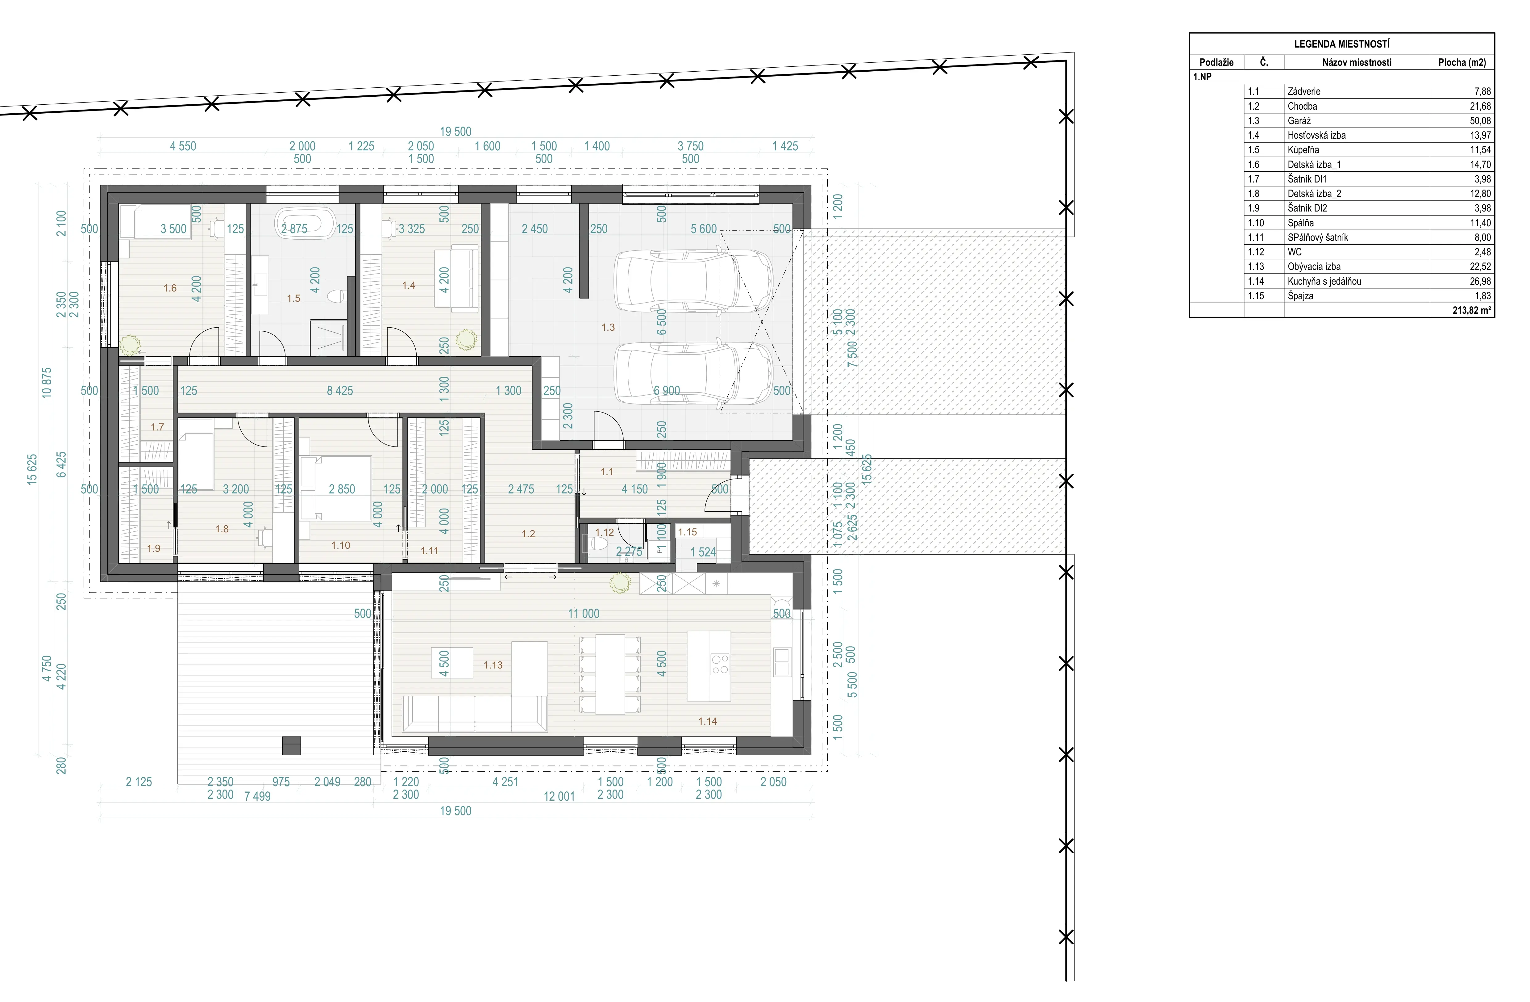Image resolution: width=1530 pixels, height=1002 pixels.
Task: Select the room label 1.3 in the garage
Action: (x=608, y=327)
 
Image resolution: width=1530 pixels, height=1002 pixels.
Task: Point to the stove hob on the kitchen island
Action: (x=720, y=664)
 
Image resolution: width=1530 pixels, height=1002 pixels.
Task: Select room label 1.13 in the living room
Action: (x=493, y=665)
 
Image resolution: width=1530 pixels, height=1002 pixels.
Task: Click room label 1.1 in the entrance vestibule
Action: (x=607, y=472)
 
